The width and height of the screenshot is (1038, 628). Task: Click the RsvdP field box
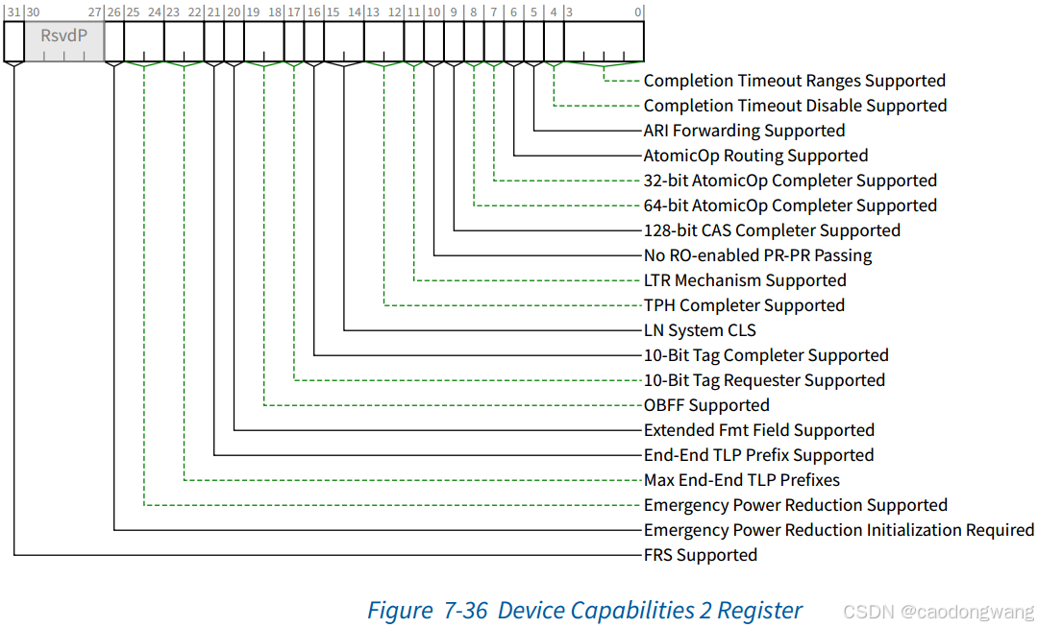[63, 40]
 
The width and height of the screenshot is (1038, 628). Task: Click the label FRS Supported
[701, 555]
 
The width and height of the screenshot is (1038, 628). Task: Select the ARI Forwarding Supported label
[744, 131]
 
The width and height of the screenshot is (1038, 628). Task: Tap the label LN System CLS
[700, 330]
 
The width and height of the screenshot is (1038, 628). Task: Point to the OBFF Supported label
[706, 405]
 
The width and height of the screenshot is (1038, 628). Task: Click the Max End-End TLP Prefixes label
[741, 480]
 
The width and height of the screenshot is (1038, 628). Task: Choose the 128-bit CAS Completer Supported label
[772, 230]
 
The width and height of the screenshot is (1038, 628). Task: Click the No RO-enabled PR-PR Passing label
[757, 255]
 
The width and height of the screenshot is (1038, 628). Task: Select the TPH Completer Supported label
[744, 305]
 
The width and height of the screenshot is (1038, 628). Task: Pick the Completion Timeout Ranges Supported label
[794, 81]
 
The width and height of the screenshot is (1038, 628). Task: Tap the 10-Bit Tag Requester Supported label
[764, 380]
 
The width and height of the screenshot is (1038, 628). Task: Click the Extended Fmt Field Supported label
[758, 430]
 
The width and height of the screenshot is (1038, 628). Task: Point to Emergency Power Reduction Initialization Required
[838, 530]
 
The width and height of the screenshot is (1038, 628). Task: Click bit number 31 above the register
[12, 12]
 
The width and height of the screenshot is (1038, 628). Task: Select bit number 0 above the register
[639, 12]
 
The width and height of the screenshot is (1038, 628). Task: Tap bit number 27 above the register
[94, 12]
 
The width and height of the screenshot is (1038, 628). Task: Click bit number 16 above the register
[312, 12]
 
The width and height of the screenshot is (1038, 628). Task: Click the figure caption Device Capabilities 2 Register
[584, 610]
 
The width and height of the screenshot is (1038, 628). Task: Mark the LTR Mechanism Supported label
[745, 280]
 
